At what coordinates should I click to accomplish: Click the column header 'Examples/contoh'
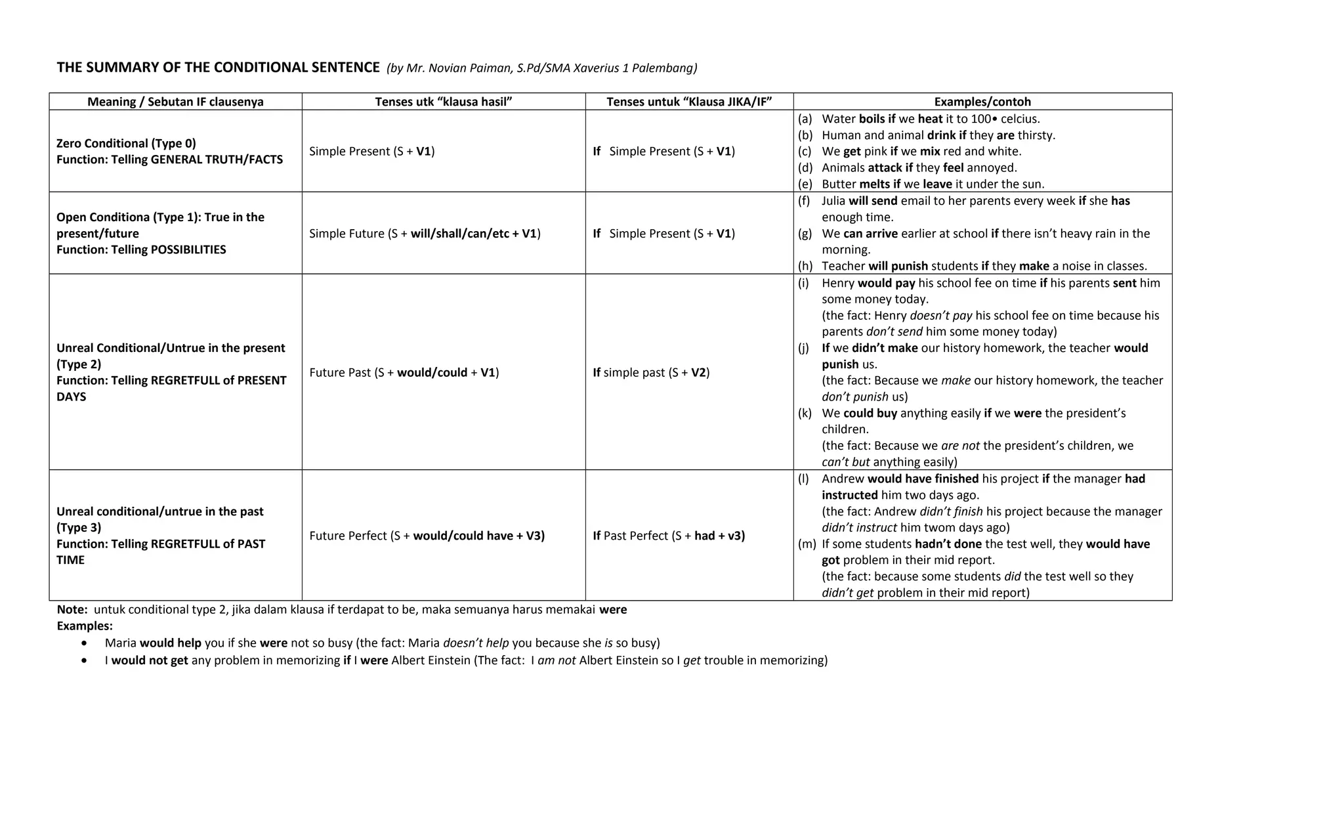pos(982,102)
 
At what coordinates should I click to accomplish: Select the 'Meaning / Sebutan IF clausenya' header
pos(175,102)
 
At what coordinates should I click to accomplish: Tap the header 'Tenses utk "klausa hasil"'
pos(443,102)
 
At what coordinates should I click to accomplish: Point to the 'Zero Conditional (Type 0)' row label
pos(126,143)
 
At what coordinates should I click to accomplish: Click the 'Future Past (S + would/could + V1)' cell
pos(404,373)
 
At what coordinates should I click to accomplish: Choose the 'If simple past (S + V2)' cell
pos(650,373)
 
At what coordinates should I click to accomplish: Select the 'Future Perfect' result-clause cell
pos(427,536)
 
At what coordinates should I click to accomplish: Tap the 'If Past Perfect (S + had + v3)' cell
pos(668,536)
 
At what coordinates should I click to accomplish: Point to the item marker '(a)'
pos(805,119)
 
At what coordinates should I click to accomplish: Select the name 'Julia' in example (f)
pos(833,201)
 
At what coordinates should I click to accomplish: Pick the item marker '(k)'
pos(805,414)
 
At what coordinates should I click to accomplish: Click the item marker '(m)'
pos(807,544)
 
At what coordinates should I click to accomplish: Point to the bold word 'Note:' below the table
pos(72,610)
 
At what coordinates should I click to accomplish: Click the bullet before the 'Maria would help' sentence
pos(84,643)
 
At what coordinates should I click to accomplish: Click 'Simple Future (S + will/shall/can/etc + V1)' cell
pos(425,234)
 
